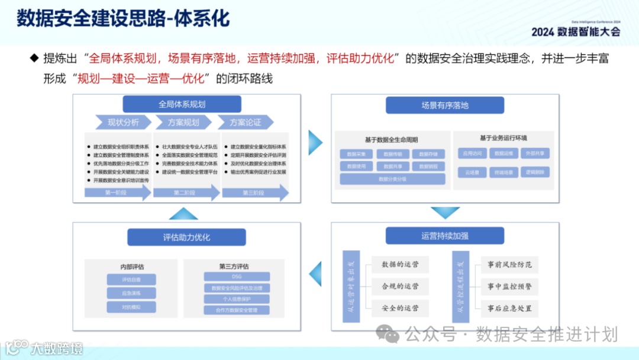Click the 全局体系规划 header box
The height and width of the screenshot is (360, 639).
click(x=182, y=104)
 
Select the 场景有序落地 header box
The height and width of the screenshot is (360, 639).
click(x=445, y=105)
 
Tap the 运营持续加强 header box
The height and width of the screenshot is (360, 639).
click(x=445, y=236)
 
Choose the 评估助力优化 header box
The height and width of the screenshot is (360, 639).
click(x=186, y=237)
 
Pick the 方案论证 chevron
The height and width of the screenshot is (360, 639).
click(x=245, y=123)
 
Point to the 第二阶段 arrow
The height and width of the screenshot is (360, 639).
click(x=185, y=193)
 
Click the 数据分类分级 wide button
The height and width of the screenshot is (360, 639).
click(x=392, y=179)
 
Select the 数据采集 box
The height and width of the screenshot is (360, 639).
click(x=356, y=154)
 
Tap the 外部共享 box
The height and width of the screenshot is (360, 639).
click(x=537, y=153)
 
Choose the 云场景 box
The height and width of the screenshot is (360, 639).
click(x=472, y=172)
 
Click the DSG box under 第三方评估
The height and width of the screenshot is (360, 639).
click(x=237, y=277)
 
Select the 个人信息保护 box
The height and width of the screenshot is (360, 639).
click(x=237, y=299)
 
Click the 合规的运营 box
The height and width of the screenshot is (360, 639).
click(x=400, y=286)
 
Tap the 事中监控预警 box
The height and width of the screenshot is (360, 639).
click(x=509, y=287)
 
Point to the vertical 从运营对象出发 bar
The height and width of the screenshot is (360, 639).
click(x=351, y=287)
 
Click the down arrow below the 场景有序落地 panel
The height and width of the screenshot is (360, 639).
click(x=445, y=213)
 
